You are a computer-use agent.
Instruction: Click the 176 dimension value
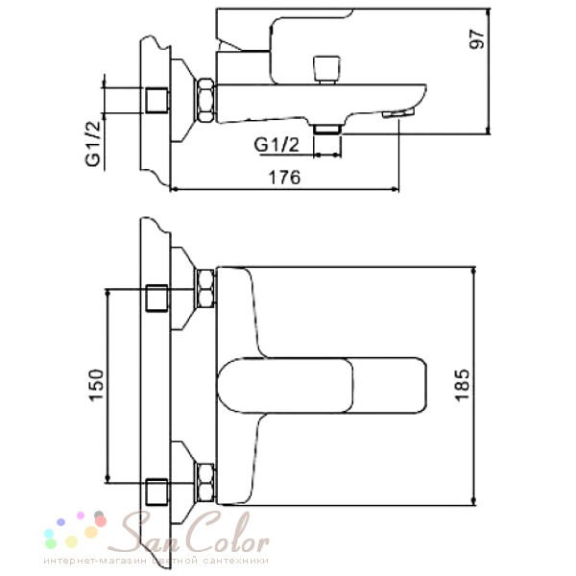click(285, 178)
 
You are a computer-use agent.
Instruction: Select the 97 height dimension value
click(477, 38)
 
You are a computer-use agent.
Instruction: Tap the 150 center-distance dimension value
click(96, 385)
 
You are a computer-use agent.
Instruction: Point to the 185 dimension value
click(462, 385)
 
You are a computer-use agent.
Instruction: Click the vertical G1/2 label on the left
click(93, 144)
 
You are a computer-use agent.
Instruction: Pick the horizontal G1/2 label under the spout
click(276, 146)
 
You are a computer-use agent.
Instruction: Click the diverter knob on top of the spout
click(326, 69)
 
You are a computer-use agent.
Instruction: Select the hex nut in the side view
click(205, 100)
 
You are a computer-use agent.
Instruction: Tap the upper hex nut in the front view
click(205, 288)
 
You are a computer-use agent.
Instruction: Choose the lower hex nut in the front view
click(205, 482)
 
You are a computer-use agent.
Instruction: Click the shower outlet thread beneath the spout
click(327, 129)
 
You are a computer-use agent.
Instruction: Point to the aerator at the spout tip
click(398, 112)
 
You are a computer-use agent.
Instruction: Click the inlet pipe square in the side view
click(156, 100)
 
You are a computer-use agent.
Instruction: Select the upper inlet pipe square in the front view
click(156, 298)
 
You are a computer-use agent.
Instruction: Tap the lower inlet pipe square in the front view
click(156, 492)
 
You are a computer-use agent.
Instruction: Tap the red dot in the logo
click(100, 521)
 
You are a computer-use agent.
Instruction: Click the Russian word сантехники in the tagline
click(236, 561)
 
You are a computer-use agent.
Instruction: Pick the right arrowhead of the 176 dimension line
click(396, 189)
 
